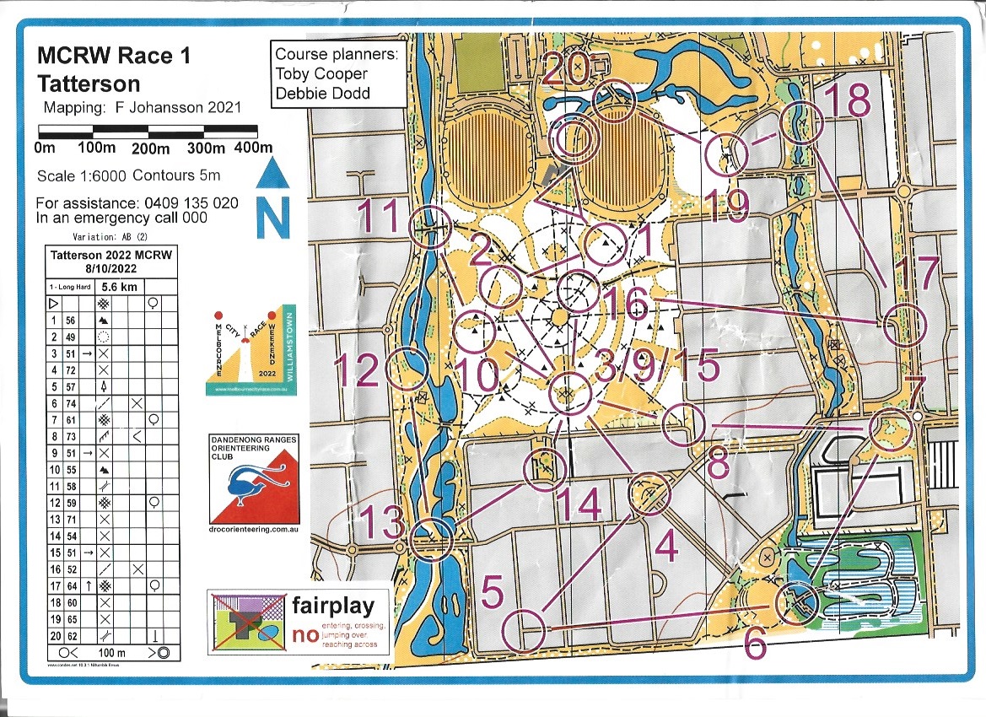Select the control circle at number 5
coord(524,629)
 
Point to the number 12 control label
coord(357,370)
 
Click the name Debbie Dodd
coord(322,93)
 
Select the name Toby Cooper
coord(321,73)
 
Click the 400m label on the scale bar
coord(254,148)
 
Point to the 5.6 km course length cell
coord(123,286)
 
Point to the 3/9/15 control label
coord(656,367)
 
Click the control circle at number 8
coord(682,426)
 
